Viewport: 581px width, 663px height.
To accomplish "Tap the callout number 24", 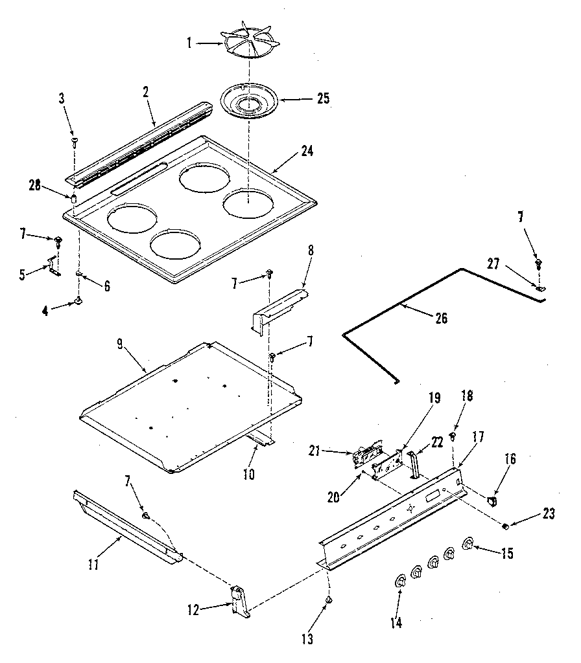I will (x=307, y=152).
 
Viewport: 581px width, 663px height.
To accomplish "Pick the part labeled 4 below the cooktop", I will (x=78, y=300).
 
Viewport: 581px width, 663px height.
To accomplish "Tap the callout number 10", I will (x=249, y=475).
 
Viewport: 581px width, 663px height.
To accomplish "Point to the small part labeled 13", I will (x=328, y=601).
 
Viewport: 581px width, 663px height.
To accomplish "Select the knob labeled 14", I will (x=400, y=581).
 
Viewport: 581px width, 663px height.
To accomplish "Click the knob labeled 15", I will (x=467, y=544).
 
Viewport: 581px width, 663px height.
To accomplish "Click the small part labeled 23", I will (x=505, y=526).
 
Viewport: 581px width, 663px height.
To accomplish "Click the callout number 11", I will (x=93, y=565).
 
